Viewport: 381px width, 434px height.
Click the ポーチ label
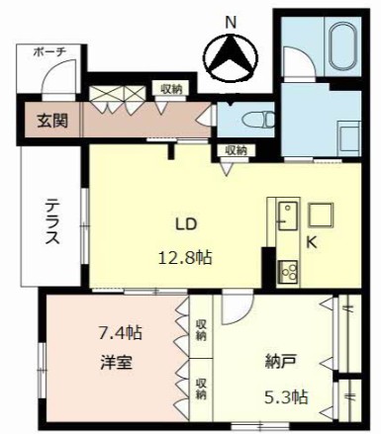pyautogui.click(x=50, y=51)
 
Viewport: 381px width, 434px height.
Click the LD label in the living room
pyautogui.click(x=186, y=224)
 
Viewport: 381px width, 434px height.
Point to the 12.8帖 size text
pyautogui.click(x=185, y=257)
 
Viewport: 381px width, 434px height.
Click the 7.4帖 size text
pyautogui.click(x=121, y=332)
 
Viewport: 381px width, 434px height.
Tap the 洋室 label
pyautogui.click(x=117, y=362)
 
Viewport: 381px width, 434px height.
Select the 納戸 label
pyautogui.click(x=280, y=362)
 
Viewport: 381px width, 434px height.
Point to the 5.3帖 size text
pyautogui.click(x=287, y=397)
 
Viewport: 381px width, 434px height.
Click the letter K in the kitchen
pyautogui.click(x=312, y=243)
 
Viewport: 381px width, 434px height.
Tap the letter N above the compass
pyautogui.click(x=231, y=23)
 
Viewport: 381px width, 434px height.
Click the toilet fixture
pyautogui.click(x=258, y=120)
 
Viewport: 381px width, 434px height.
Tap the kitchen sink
pyautogui.click(x=288, y=216)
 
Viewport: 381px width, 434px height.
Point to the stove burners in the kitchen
pyautogui.click(x=288, y=272)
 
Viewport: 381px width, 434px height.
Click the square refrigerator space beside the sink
pyautogui.click(x=321, y=215)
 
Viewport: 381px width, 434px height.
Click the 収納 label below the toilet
pyautogui.click(x=236, y=150)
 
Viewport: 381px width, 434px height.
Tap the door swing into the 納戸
pyautogui.click(x=238, y=306)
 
